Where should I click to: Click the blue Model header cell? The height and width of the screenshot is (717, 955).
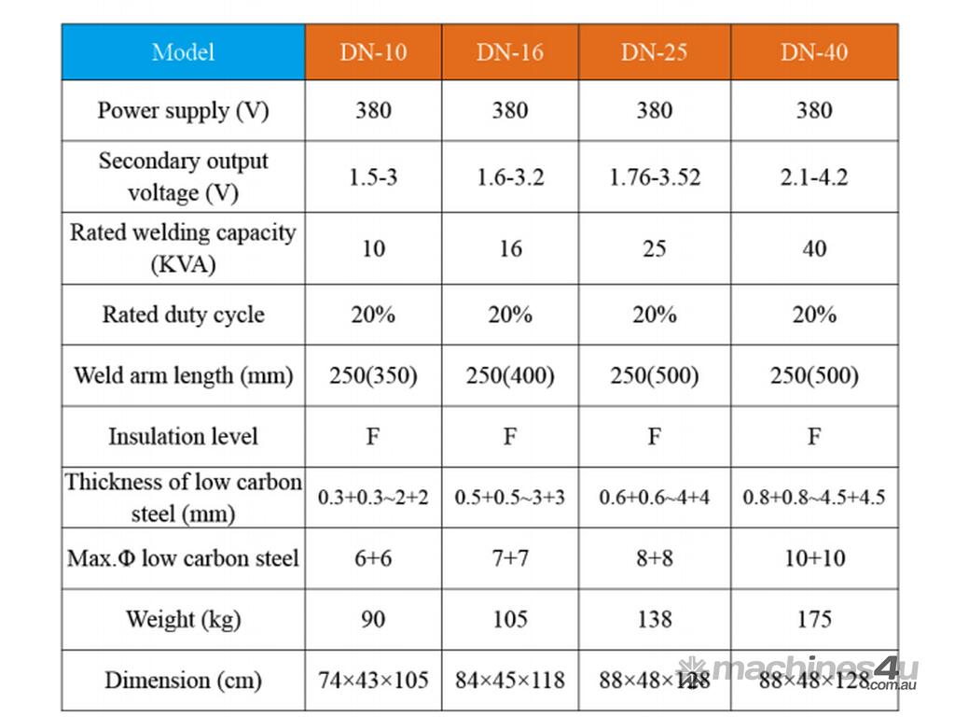(184, 52)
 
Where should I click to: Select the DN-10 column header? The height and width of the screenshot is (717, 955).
(373, 52)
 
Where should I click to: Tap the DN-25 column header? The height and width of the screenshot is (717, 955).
(654, 52)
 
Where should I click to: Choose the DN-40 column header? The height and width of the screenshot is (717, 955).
(814, 52)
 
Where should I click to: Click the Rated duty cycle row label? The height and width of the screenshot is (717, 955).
(184, 315)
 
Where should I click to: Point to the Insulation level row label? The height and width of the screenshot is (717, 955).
(184, 436)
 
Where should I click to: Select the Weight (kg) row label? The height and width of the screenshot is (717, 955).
(184, 619)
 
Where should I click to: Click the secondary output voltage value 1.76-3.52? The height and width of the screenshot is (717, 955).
(654, 177)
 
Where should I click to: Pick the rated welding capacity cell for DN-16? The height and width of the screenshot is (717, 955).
(510, 248)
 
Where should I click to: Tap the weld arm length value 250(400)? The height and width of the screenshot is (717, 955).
(510, 375)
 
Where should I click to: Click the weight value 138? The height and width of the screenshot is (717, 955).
(654, 619)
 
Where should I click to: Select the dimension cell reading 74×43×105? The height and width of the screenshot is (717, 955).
(373, 680)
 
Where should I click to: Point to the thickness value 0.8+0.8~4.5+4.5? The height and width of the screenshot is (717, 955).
(814, 498)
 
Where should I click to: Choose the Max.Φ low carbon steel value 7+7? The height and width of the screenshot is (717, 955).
(510, 558)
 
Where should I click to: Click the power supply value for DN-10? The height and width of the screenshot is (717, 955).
(373, 110)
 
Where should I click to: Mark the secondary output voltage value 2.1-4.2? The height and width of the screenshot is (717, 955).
(814, 177)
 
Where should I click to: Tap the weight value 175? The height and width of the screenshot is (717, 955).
(814, 619)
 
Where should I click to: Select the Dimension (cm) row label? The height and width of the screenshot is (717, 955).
(184, 680)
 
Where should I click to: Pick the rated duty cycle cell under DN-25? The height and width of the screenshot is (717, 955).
(654, 315)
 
